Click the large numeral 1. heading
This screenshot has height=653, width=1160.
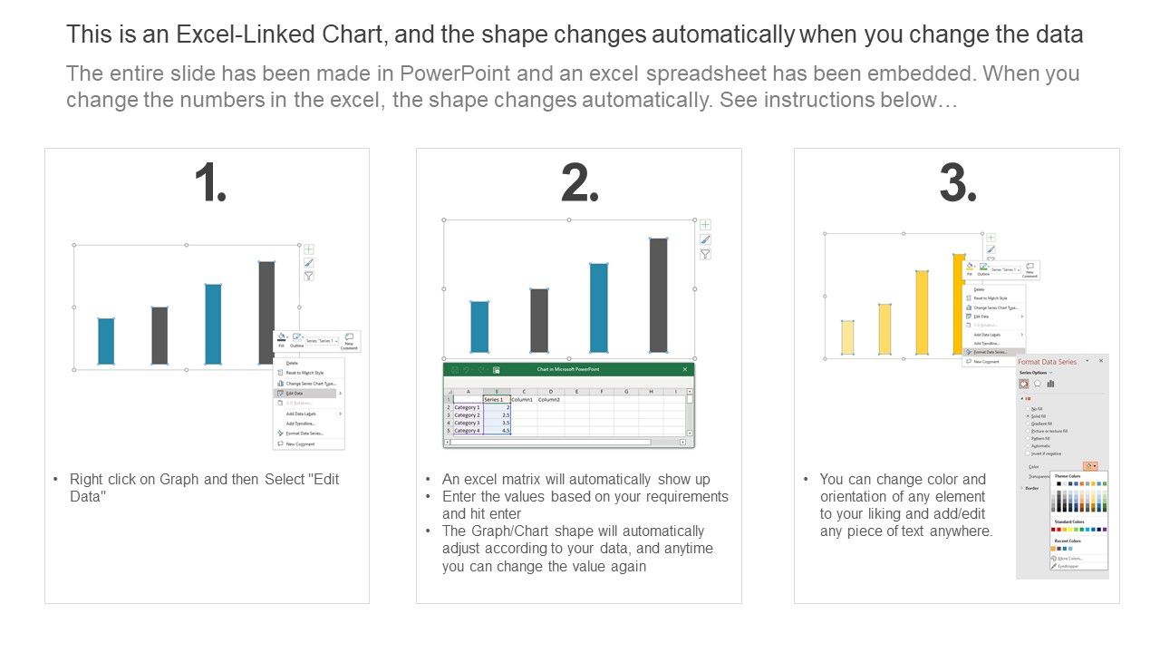coord(210,184)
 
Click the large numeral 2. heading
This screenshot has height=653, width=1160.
coord(580,184)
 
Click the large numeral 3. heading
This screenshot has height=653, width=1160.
coord(958,184)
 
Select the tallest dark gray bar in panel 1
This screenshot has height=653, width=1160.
coord(266,312)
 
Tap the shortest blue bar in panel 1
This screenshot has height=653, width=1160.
coord(106,341)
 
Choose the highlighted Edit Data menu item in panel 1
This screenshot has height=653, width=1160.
coord(295,393)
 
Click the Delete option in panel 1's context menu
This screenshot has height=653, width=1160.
coord(292,363)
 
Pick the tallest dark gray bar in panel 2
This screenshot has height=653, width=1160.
coord(658,295)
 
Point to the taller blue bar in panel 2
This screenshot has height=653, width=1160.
coord(598,307)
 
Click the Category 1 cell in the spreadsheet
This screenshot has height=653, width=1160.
coord(467,408)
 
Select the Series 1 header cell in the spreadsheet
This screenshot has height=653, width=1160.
coord(494,399)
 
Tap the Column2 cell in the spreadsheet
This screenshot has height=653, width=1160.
coord(549,399)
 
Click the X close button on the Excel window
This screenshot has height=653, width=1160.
coord(685,369)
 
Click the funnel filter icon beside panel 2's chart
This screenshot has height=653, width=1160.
coord(705,255)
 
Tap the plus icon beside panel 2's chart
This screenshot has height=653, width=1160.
coord(705,224)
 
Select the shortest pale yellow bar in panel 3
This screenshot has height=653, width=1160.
coord(847,336)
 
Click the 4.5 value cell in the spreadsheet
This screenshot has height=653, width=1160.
coord(504,431)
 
